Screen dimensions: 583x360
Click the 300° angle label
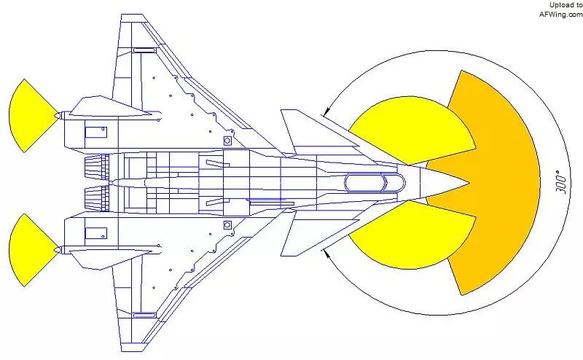coord(560,181)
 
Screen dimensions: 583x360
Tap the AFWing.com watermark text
coord(560,13)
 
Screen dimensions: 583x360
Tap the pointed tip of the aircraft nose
coord(470,182)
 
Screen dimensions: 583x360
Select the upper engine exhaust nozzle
coord(95,168)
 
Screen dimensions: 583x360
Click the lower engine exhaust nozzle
coord(95,197)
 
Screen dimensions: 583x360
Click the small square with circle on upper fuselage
coord(227,140)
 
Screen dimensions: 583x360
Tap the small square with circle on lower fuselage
coord(227,225)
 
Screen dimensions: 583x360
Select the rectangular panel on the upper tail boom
coord(95,132)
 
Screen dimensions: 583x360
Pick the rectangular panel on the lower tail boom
coord(95,233)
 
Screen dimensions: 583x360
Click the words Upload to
coord(566,4)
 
